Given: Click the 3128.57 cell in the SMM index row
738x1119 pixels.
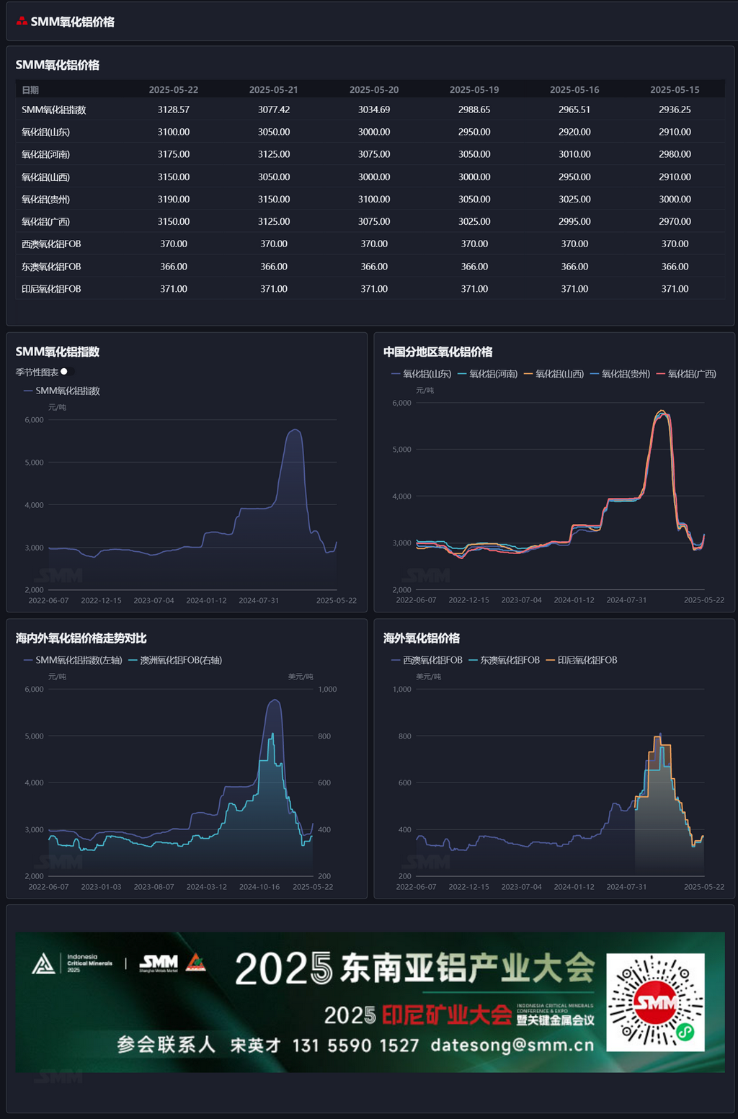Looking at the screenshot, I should click(x=173, y=110).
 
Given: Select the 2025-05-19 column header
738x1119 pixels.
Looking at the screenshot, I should click(x=474, y=90).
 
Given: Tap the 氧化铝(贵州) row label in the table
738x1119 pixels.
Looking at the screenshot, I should click(x=45, y=200).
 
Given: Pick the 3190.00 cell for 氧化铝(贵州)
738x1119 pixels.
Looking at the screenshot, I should click(x=173, y=200).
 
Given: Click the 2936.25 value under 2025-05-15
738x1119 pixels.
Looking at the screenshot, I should click(x=675, y=110).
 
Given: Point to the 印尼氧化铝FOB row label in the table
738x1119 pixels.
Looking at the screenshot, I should click(x=51, y=289).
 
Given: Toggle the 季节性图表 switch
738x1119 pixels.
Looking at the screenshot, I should click(x=66, y=372).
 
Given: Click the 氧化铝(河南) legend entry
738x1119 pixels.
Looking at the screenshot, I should click(x=488, y=374).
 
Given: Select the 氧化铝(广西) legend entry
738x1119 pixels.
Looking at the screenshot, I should click(x=686, y=374).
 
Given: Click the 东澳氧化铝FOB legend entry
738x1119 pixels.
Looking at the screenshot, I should click(x=504, y=660).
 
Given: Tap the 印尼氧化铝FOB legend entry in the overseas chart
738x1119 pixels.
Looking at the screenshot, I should click(x=582, y=660).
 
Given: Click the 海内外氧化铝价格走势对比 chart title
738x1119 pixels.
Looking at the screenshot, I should click(x=81, y=638).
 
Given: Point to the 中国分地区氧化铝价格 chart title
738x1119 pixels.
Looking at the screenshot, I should click(x=437, y=352).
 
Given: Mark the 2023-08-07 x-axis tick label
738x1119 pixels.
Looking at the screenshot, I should click(x=154, y=887).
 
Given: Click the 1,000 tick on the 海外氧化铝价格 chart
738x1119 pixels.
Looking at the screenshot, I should click(x=401, y=690).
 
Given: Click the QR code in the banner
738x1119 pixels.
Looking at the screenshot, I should click(x=655, y=1002).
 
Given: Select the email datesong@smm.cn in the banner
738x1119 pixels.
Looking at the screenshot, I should click(x=512, y=1045).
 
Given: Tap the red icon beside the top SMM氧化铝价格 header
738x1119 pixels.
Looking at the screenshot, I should click(x=22, y=22).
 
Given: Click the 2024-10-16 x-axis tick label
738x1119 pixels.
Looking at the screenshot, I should click(x=259, y=887).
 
